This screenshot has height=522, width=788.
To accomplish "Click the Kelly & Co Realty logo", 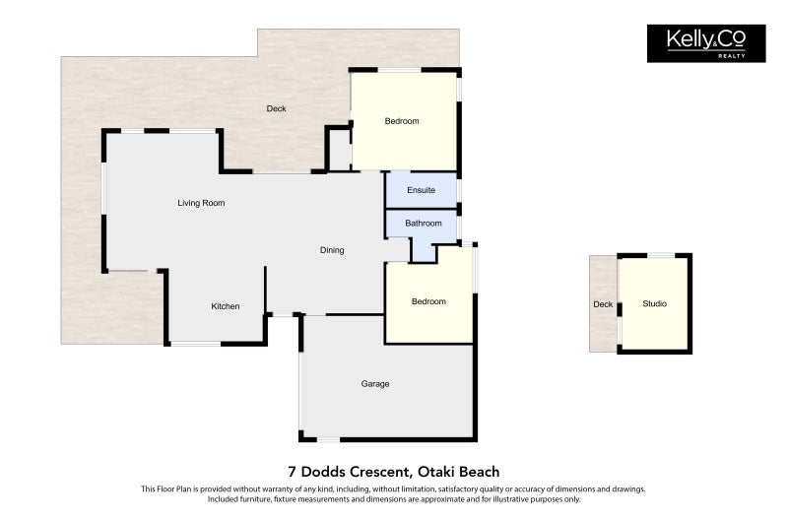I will pyautogui.click(x=705, y=43).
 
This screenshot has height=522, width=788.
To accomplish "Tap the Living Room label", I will pyautogui.click(x=201, y=204).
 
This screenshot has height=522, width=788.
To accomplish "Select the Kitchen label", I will pyautogui.click(x=226, y=307).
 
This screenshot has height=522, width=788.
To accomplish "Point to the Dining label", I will pyautogui.click(x=332, y=250).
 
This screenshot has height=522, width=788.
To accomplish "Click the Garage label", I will pyautogui.click(x=374, y=384).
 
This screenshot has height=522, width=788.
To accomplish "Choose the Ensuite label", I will pyautogui.click(x=421, y=190).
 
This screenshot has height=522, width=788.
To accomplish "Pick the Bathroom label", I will pyautogui.click(x=424, y=224).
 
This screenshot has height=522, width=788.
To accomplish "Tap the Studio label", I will pyautogui.click(x=654, y=304).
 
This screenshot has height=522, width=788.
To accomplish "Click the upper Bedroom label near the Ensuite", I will pyautogui.click(x=401, y=122).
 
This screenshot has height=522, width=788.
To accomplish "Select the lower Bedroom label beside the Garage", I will pyautogui.click(x=428, y=302).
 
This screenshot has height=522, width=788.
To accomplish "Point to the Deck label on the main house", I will pyautogui.click(x=276, y=108).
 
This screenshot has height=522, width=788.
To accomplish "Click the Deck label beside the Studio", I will pyautogui.click(x=603, y=304).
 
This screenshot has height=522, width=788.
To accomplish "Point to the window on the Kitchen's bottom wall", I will pyautogui.click(x=195, y=344).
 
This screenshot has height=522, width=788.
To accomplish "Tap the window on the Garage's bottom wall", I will pyautogui.click(x=328, y=439).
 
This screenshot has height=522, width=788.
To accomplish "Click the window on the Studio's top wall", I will pyautogui.click(x=661, y=255).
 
